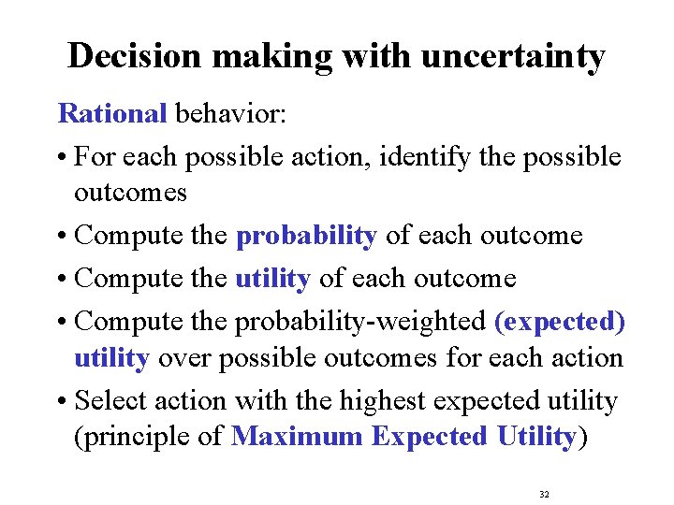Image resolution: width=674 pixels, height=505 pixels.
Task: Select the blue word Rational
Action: pos(112,114)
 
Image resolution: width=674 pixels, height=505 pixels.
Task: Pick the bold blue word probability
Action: pos(306,236)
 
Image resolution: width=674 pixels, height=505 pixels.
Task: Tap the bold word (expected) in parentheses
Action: pos(559,321)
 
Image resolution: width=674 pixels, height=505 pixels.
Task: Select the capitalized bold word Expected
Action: pos(429,437)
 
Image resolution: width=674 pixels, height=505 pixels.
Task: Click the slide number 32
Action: pos(545,493)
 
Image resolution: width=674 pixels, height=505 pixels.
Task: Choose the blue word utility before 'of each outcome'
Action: pos(271,279)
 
